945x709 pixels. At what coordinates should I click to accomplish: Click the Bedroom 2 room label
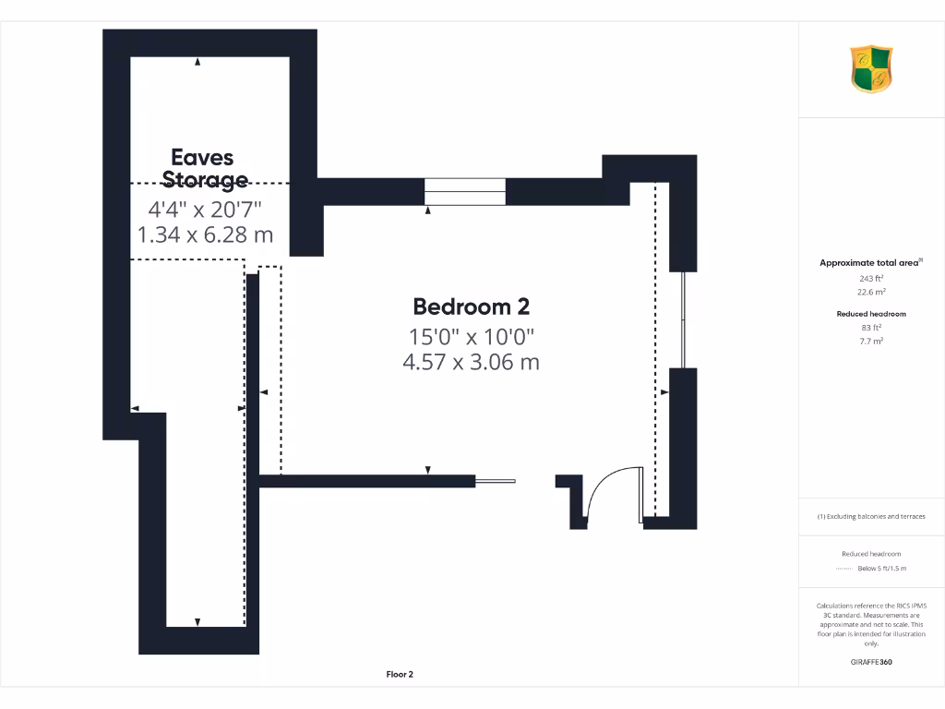[471, 306]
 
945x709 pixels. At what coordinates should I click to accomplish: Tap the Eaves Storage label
[205, 168]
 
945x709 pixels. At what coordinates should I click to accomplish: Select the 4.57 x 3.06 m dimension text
[471, 362]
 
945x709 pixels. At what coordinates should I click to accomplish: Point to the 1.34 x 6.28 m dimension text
[205, 234]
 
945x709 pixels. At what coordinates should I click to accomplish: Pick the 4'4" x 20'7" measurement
[205, 210]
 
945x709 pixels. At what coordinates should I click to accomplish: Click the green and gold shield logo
[871, 69]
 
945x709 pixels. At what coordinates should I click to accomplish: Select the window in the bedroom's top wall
[465, 191]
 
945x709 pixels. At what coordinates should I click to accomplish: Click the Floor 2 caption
[399, 675]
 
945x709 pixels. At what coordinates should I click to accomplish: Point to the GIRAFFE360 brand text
[871, 662]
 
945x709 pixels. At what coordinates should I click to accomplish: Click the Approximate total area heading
[870, 263]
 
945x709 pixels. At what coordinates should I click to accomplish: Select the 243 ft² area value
[871, 278]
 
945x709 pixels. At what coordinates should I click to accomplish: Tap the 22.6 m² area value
[871, 292]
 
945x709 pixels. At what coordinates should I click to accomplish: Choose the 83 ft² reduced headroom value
[871, 328]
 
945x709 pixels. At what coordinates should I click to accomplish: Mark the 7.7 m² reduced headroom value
[871, 341]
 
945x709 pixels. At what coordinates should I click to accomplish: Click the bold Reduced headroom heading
[871, 314]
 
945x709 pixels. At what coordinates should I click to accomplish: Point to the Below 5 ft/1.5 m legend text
[882, 569]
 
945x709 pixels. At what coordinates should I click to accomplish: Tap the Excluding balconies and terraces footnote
[871, 516]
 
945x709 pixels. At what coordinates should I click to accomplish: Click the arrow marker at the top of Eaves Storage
[197, 63]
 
